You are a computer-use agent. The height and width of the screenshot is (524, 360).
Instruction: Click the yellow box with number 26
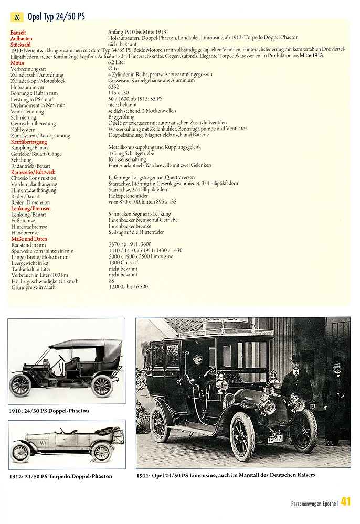tap(17, 17)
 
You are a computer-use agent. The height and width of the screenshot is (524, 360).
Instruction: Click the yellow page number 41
tap(345, 501)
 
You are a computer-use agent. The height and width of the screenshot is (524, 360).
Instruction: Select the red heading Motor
tap(17, 63)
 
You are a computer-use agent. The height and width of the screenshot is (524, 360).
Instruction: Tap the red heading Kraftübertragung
tap(29, 142)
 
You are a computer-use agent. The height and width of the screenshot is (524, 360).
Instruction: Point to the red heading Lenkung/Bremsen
tap(30, 209)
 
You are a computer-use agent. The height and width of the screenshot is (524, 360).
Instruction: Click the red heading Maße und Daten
tap(29, 239)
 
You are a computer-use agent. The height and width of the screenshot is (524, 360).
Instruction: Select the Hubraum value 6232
tap(114, 87)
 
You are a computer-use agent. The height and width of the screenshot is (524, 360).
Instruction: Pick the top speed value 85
tap(111, 281)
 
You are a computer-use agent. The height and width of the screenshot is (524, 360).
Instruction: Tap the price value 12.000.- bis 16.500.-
tap(129, 287)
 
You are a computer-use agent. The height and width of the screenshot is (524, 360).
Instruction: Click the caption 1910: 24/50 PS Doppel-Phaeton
tap(49, 411)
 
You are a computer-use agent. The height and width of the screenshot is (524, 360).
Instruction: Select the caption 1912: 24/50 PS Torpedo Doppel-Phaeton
tap(61, 476)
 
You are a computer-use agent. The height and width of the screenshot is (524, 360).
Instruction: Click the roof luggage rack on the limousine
tap(226, 329)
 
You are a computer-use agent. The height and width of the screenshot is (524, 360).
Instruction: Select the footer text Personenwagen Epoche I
tap(314, 503)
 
